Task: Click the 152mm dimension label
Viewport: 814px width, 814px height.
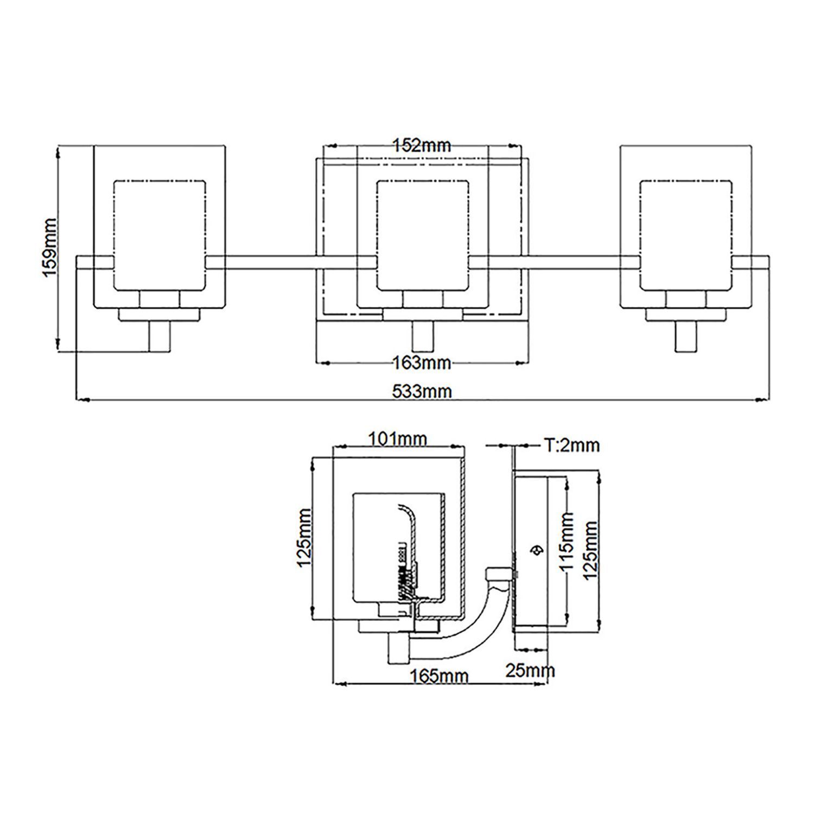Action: coord(422,145)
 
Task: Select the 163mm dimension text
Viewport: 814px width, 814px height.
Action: coord(422,363)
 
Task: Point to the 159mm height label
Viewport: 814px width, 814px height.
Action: coord(49,247)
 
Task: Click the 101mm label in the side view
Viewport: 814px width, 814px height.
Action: coord(398,438)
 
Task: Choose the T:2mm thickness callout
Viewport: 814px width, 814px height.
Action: coord(571,446)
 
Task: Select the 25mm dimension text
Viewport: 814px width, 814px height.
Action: coord(530,671)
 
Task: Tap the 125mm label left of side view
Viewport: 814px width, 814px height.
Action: coord(304,537)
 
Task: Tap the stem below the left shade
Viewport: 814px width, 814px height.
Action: coord(160,336)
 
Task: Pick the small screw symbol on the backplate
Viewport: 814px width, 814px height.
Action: coord(537,550)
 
